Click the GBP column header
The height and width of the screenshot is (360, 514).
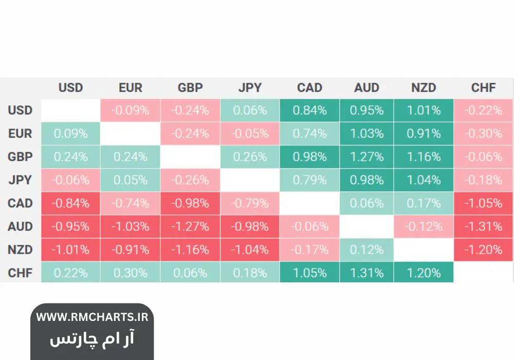[x=190, y=87]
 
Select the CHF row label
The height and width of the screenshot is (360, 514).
[x=20, y=273]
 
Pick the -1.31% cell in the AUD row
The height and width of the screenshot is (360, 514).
[x=483, y=226]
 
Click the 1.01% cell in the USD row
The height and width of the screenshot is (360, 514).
[x=424, y=110]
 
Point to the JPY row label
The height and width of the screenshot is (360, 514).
[x=20, y=180]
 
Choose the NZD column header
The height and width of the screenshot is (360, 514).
[x=424, y=87]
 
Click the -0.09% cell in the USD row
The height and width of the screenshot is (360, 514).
[x=130, y=110]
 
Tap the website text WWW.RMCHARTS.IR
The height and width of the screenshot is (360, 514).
[x=92, y=317]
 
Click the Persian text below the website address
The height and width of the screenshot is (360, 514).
[x=92, y=338]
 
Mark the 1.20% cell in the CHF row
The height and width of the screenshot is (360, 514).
[x=424, y=273]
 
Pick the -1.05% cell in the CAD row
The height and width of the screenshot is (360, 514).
[x=483, y=203]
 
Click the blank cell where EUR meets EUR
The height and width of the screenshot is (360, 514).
[x=130, y=133]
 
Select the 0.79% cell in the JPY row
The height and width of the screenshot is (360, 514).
[x=309, y=180]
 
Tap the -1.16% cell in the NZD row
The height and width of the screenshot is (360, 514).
[x=190, y=249]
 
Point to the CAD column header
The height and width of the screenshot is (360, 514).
[x=309, y=87]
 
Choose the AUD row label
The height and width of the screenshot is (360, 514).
[x=20, y=226]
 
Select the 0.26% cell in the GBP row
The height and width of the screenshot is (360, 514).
[x=250, y=156]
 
